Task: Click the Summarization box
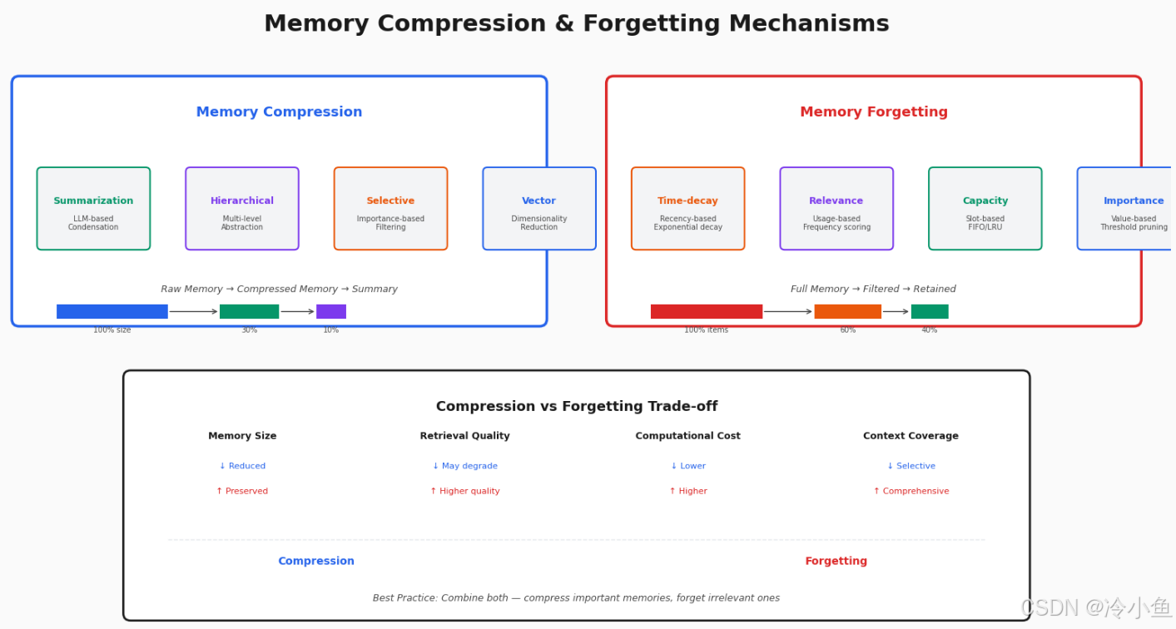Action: (93, 209)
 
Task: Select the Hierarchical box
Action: (242, 209)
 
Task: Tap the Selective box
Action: (390, 209)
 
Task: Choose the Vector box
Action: (539, 209)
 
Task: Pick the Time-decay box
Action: (687, 209)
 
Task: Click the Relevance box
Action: (836, 209)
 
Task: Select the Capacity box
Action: (985, 209)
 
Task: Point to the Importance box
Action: (1126, 209)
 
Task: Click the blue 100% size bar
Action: (112, 311)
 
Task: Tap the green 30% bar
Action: (250, 311)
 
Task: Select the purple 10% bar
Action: (331, 311)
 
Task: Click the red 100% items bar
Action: (707, 311)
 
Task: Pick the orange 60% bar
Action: (848, 311)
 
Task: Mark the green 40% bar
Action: (930, 311)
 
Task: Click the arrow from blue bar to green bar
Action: (194, 311)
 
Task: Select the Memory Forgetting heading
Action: (874, 111)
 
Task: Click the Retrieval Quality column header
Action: (464, 436)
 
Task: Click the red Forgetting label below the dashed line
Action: (836, 561)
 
